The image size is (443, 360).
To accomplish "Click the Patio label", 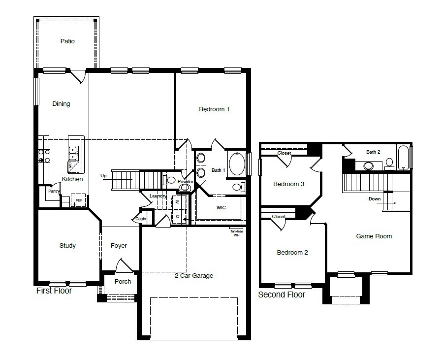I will pos(67,41).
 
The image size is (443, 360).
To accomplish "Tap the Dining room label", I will pos(62,104).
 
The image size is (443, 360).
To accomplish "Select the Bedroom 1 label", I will pos(214,109).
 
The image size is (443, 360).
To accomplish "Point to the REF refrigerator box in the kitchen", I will pos(78,200).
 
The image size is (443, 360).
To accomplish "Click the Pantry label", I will pos(54,191).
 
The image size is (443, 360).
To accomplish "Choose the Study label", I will pos(67,246).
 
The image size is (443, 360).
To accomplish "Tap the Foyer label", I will pos(119,246).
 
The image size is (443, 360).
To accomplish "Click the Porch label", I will pos(123,282).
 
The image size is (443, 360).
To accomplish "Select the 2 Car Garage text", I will pos(194,276).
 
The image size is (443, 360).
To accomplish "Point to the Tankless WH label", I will pos(237,233).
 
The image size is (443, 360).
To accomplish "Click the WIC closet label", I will pos(221,208).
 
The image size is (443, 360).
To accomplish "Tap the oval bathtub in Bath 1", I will pos(236,164).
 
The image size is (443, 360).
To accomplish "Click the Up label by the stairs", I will pos(103,176).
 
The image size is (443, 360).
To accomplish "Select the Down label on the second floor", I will pos(374,199).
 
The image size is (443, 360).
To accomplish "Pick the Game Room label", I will pos(374,236).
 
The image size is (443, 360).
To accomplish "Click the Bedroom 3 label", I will pos(288,184).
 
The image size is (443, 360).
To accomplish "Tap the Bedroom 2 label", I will pos(292,253).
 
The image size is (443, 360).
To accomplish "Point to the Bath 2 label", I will pos(373,152).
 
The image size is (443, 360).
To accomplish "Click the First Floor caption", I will pos(54,291).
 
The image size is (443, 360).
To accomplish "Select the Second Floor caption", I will pos(282,295).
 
